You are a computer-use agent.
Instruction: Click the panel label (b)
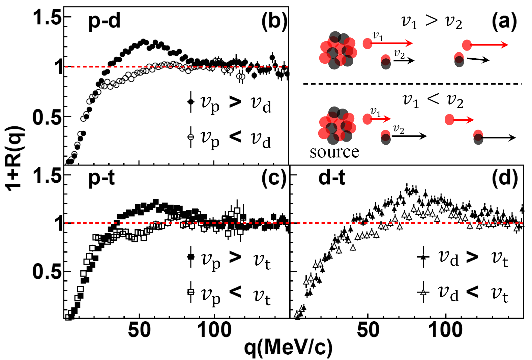pyautogui.click(x=274, y=22)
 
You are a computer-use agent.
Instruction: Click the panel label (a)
pyautogui.click(x=504, y=22)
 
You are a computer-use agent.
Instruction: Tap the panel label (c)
pyautogui.click(x=274, y=178)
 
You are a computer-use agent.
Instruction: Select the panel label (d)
pyautogui.click(x=505, y=178)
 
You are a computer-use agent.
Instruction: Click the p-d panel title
pyautogui.click(x=104, y=21)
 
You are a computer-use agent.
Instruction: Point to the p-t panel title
pyautogui.click(x=101, y=178)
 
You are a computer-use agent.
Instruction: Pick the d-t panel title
pyautogui.click(x=332, y=178)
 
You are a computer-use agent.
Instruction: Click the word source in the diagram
pyautogui.click(x=334, y=152)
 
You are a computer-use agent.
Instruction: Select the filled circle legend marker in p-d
pyautogui.click(x=191, y=101)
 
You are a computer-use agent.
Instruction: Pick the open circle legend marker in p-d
pyautogui.click(x=191, y=137)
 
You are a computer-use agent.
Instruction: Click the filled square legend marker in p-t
pyautogui.click(x=191, y=257)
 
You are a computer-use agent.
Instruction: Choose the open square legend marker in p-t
pyautogui.click(x=191, y=292)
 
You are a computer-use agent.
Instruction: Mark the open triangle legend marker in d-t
pyautogui.click(x=423, y=292)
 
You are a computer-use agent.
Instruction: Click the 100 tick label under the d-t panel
pyautogui.click(x=445, y=330)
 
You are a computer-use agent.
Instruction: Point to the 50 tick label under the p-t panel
pyautogui.click(x=139, y=330)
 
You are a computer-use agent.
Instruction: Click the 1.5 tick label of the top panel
pyautogui.click(x=47, y=18)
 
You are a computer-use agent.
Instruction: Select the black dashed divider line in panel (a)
pyautogui.click(x=412, y=84)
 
